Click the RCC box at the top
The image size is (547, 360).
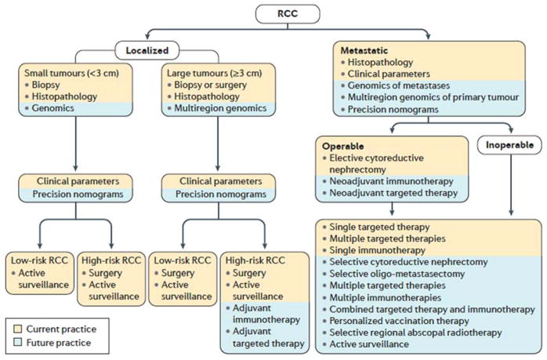pos(273,13)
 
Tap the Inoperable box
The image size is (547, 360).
pos(509,145)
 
